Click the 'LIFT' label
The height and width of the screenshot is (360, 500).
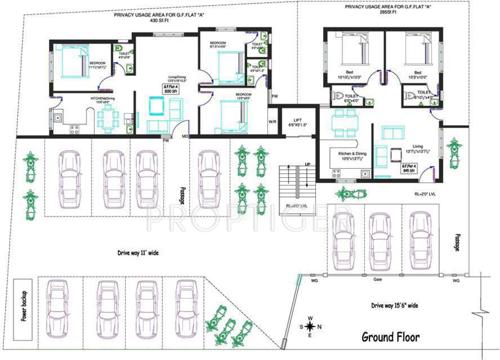coord(298,121)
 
